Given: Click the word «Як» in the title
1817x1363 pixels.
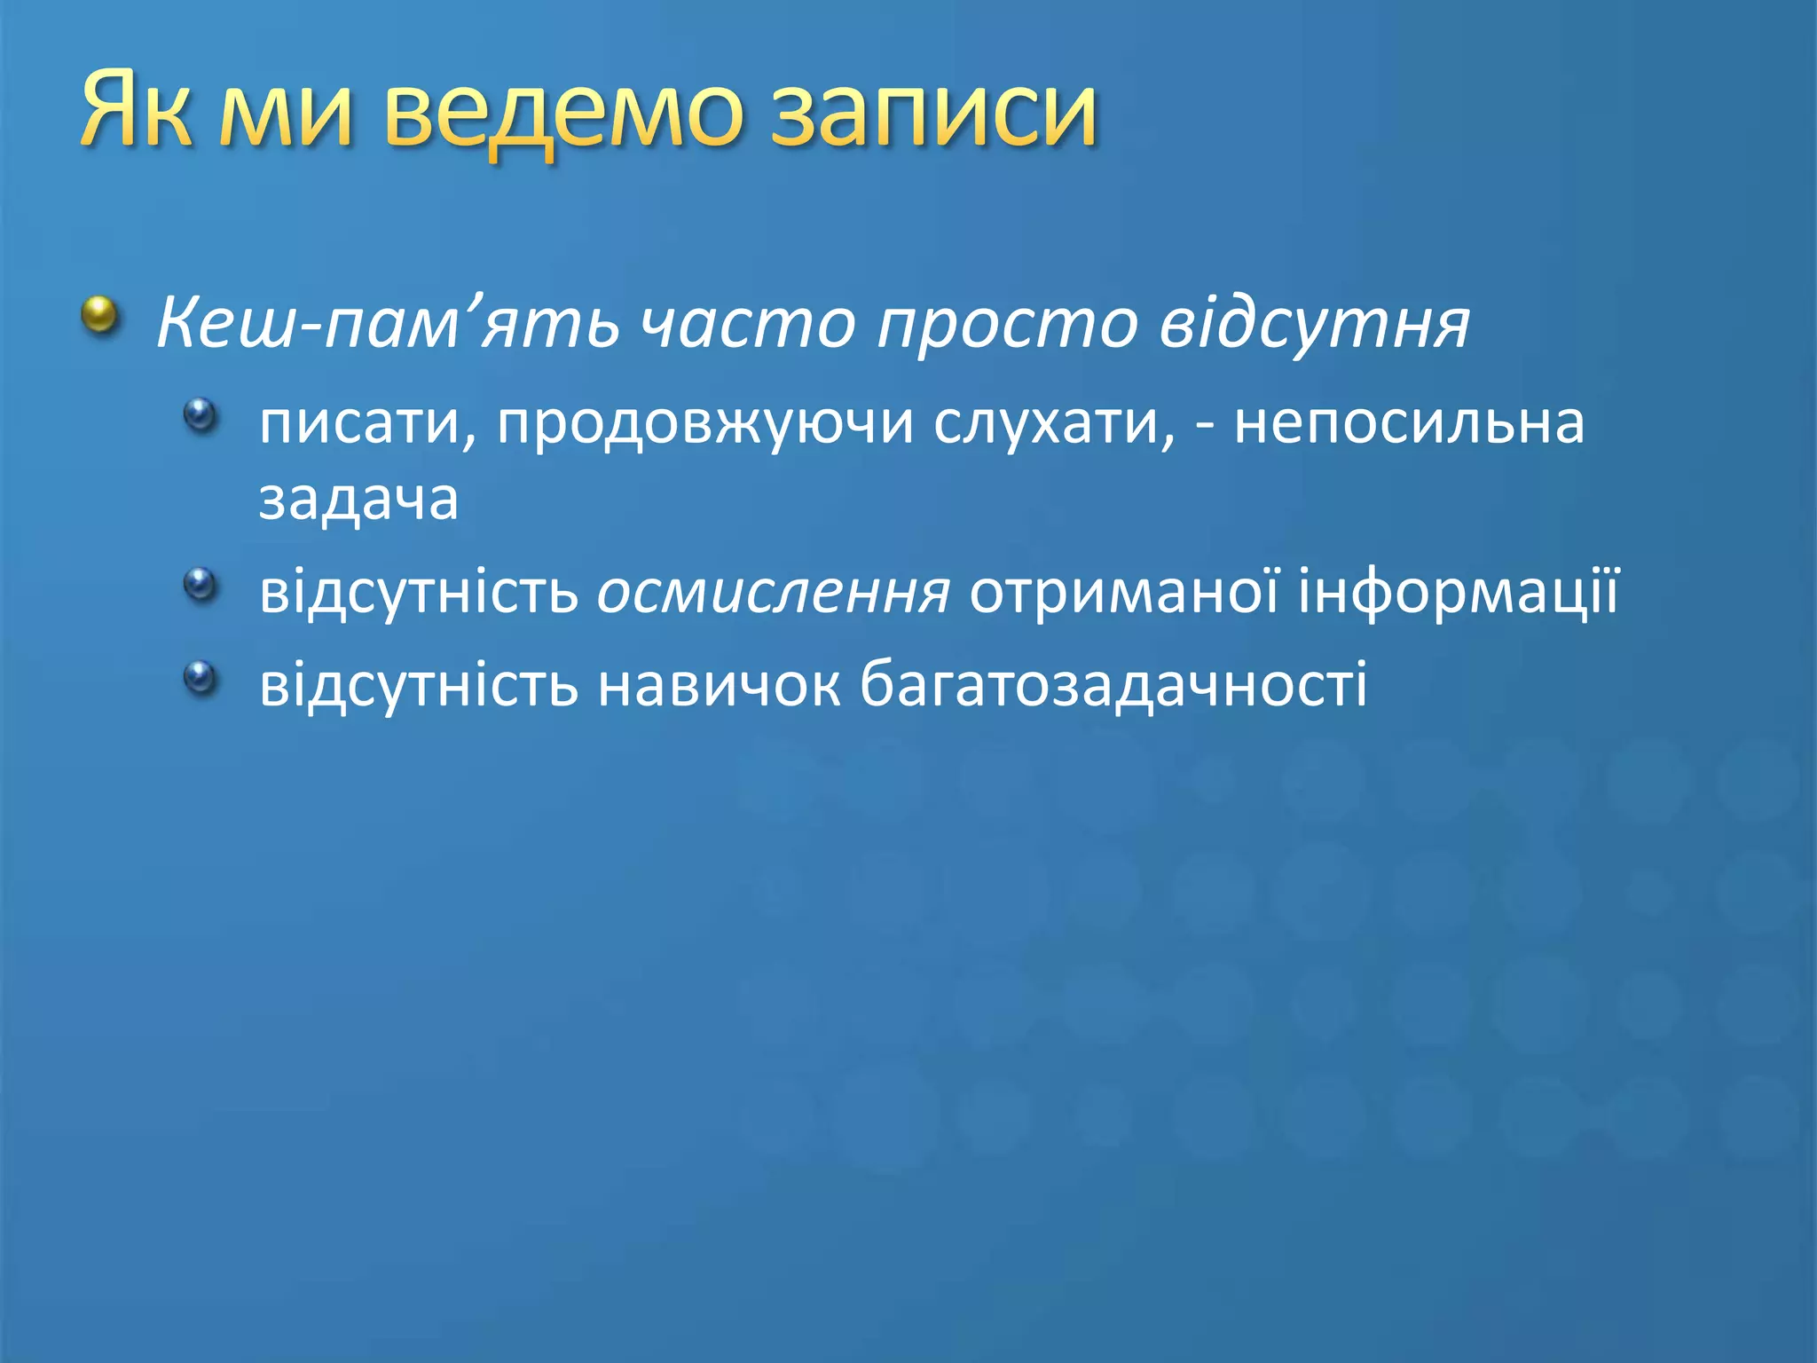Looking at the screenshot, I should (x=136, y=110).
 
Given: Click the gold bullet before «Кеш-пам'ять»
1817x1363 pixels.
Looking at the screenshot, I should (x=100, y=315).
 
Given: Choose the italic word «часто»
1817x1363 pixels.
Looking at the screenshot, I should (x=747, y=324).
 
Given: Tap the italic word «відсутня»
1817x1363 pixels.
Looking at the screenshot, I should (x=1314, y=324).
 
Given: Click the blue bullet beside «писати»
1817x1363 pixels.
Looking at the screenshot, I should (x=201, y=414).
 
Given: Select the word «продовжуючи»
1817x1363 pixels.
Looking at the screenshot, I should (x=704, y=424).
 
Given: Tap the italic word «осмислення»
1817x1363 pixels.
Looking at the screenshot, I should (x=773, y=593).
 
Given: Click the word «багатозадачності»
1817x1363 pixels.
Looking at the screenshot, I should (x=1113, y=685).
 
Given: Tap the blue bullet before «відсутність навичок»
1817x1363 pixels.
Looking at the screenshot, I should (x=201, y=677).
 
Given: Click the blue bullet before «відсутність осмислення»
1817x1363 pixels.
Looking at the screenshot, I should (x=201, y=584).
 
